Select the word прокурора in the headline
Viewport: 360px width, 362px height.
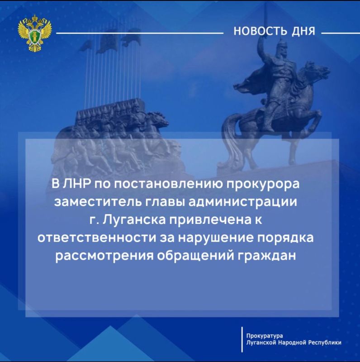[261, 185]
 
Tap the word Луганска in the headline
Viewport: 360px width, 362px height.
[128, 220]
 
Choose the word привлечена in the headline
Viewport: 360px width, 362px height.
[208, 220]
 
